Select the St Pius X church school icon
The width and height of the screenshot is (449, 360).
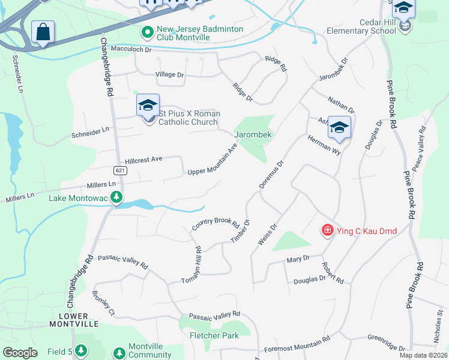point(148,106)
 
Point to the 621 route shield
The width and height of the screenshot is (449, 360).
point(121,170)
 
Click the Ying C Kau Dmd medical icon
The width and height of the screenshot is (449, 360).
point(327,230)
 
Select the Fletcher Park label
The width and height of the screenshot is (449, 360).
point(214,335)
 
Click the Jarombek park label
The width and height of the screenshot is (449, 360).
point(253,135)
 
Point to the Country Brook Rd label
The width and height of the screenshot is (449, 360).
point(215,224)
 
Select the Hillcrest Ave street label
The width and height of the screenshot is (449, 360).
point(144,160)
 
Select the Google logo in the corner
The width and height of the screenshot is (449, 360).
point(20,352)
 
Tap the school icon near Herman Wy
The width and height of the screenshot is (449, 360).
point(339,127)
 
